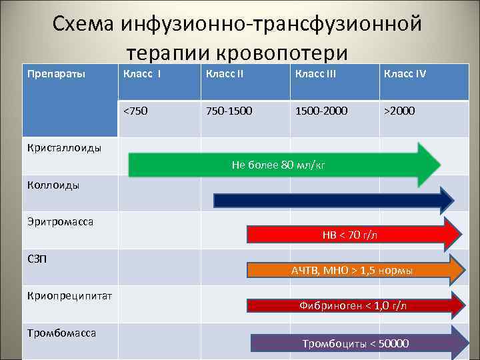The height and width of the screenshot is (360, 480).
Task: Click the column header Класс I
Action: [x=142, y=73]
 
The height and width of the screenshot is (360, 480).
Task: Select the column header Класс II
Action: [x=225, y=73]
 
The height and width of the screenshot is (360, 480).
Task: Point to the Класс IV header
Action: [x=404, y=73]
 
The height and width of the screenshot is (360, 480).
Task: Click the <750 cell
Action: [x=136, y=111]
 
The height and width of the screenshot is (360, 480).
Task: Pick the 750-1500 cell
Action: [x=229, y=111]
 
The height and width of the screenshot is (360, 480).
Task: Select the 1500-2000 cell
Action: [x=321, y=111]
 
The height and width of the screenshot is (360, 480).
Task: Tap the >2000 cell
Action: [x=399, y=111]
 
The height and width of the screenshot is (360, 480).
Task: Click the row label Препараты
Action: [x=56, y=73]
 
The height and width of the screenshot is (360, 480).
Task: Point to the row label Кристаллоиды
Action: [x=64, y=148]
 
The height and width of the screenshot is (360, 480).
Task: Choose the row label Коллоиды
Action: [x=53, y=185]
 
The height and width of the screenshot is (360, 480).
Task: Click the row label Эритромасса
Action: [x=60, y=221]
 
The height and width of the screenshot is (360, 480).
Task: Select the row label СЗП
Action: [x=37, y=258]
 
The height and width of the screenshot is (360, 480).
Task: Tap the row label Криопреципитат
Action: [x=69, y=295]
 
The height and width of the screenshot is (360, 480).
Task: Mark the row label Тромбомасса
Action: [x=61, y=333]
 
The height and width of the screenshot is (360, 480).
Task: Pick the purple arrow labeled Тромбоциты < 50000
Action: [x=357, y=343]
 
